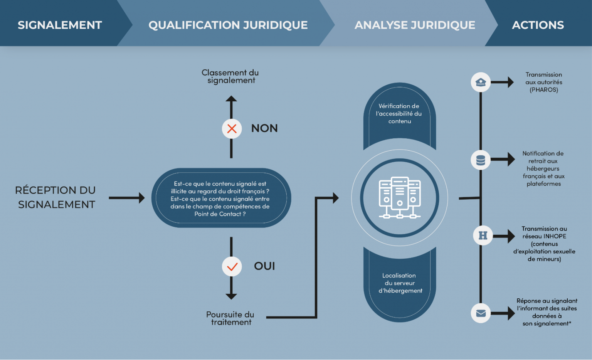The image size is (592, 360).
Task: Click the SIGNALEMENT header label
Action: tap(60, 25)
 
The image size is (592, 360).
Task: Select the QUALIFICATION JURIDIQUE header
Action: tap(228, 25)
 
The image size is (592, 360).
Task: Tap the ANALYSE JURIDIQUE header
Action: tap(415, 25)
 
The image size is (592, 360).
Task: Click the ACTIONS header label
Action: tap(538, 25)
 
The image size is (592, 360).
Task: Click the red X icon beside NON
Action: tap(232, 128)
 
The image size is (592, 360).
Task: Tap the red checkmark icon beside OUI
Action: tap(232, 266)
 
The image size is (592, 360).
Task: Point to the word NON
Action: tap(264, 128)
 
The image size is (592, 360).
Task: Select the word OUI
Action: tap(264, 266)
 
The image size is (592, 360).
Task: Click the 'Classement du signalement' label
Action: tap(230, 76)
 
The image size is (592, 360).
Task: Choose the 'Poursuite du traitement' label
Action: tap(230, 318)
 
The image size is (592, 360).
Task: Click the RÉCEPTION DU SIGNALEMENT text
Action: tap(56, 197)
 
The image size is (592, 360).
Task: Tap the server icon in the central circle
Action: tap(400, 198)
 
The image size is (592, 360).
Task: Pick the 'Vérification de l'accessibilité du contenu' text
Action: tap(399, 114)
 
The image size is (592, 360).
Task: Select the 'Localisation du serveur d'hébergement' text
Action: tap(400, 283)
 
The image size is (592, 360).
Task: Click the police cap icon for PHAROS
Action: tap(481, 82)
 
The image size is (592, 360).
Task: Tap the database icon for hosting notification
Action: tap(481, 160)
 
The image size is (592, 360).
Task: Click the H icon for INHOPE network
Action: tap(483, 235)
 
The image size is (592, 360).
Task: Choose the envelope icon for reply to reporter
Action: tap(481, 313)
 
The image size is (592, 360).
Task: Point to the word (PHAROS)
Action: tap(543, 90)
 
